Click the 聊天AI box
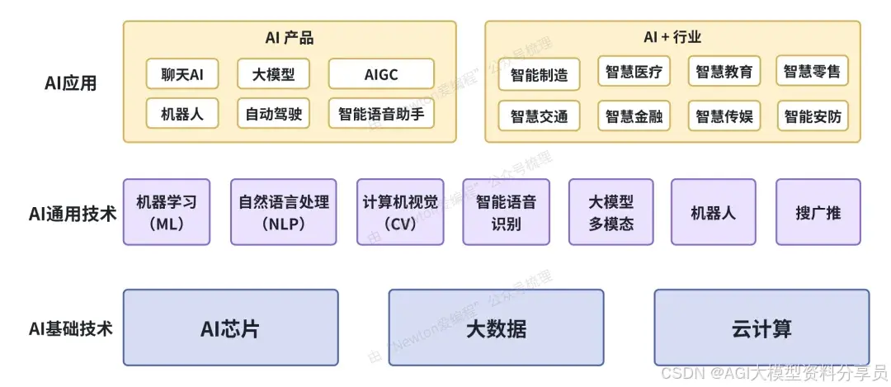(182, 74)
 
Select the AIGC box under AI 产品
(381, 74)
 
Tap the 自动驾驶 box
(274, 114)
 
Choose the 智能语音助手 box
(381, 114)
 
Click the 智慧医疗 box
(634, 72)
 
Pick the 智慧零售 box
(813, 72)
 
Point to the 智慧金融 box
(634, 116)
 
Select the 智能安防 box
(813, 116)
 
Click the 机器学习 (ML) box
(167, 212)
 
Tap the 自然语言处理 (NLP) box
(284, 212)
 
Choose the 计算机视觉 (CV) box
(400, 212)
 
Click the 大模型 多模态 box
(611, 212)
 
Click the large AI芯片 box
(230, 328)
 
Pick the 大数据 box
(496, 328)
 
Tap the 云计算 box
(761, 328)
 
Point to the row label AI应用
(70, 83)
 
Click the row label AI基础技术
(70, 328)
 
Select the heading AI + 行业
(672, 37)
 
